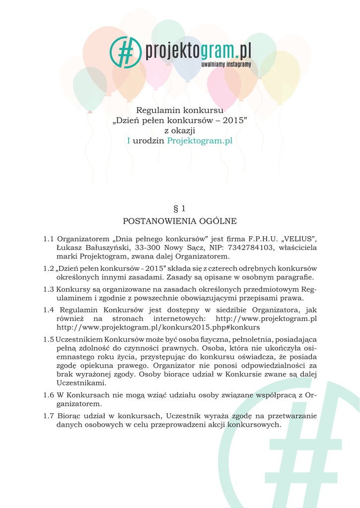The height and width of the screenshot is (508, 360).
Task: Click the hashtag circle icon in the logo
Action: pos(125,52)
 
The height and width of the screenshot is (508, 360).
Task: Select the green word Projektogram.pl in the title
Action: pos(200,141)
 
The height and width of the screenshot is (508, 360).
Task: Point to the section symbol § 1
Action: pos(180,208)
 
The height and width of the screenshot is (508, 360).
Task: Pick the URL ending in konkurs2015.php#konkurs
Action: pos(158,327)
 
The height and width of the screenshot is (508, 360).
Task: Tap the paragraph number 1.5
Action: pos(48,339)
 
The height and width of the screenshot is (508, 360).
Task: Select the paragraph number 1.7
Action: pos(49,416)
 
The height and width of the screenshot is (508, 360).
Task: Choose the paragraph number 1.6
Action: pos(48,395)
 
